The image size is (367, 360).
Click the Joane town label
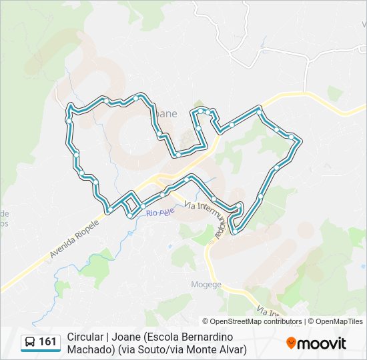coord(167,113)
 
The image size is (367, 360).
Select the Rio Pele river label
coord(160,213)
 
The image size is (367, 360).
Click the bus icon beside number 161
coord(30,342)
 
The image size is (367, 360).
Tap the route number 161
coord(48,342)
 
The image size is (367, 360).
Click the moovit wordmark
coord(322,343)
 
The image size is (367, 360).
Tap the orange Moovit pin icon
coord(291,343)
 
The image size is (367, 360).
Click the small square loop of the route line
coord(132,203)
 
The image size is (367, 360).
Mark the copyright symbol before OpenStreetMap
coord(206,321)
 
